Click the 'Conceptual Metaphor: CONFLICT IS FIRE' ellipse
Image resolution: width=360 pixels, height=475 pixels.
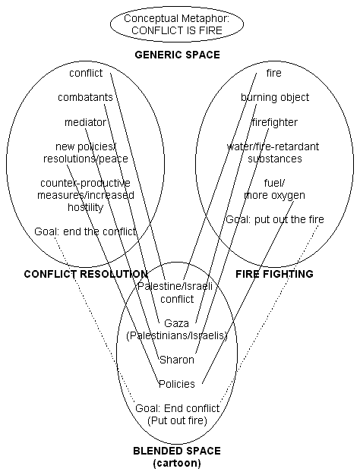tap(176, 25)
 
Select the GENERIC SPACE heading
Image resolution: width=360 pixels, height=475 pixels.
tap(177, 55)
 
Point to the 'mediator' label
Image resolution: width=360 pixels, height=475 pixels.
tap(84, 122)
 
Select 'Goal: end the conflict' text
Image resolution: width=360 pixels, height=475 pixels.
tap(85, 231)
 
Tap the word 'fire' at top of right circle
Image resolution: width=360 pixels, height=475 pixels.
tap(273, 74)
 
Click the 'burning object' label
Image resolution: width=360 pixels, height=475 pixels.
tap(273, 98)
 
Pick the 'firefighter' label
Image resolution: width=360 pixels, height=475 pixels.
tap(274, 122)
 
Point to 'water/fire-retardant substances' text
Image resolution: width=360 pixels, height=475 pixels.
tap(273, 153)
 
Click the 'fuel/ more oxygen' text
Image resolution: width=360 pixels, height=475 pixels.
tap(274, 189)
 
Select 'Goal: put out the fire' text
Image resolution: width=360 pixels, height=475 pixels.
tap(274, 219)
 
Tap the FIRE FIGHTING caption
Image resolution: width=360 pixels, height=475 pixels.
tap(274, 274)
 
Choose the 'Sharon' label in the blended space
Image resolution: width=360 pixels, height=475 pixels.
tap(176, 359)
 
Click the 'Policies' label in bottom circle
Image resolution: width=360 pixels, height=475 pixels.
tap(176, 383)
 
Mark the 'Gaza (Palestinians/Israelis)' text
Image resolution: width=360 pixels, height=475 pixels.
tap(176, 329)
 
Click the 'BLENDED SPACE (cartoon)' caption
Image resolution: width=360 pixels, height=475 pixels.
tap(176, 456)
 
